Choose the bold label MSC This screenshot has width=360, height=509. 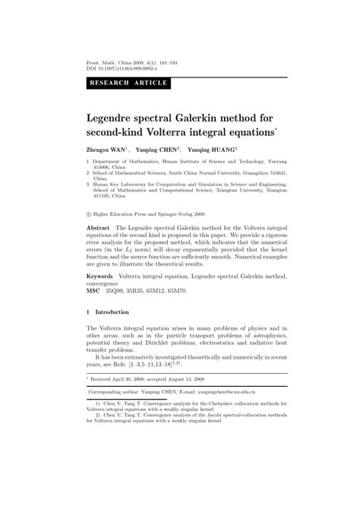pyautogui.click(x=93, y=291)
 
